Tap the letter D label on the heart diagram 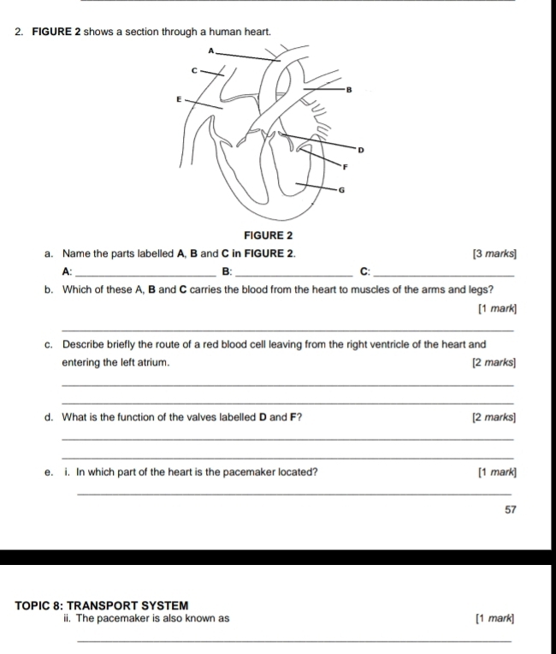(360, 150)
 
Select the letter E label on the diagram (178, 99)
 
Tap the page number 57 (511, 509)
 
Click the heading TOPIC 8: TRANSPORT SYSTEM (100, 602)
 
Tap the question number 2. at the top (18, 32)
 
